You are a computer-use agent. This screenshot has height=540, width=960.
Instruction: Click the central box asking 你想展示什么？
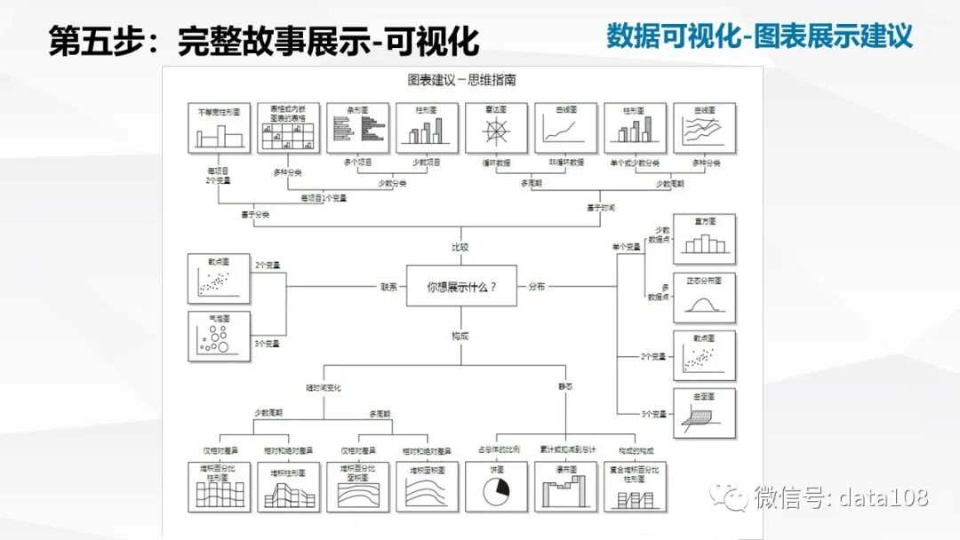pyautogui.click(x=461, y=286)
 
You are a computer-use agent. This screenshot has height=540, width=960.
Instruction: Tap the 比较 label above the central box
pyautogui.click(x=460, y=247)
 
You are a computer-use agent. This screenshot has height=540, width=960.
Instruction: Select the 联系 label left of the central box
pyautogui.click(x=389, y=287)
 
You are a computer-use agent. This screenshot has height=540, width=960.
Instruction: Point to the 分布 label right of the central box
pyautogui.click(x=537, y=287)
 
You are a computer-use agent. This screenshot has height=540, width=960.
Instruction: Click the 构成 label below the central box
pyautogui.click(x=460, y=336)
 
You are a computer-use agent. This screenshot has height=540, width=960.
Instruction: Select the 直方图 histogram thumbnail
pyautogui.click(x=704, y=239)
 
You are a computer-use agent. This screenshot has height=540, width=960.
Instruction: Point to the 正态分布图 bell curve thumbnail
pyautogui.click(x=704, y=298)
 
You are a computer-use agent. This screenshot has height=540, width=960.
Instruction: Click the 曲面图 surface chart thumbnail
pyautogui.click(x=704, y=414)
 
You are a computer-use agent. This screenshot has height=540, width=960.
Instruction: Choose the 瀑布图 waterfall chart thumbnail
pyautogui.click(x=565, y=486)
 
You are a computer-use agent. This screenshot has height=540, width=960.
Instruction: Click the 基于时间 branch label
pyautogui.click(x=600, y=207)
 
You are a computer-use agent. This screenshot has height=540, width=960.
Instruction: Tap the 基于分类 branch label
pyautogui.click(x=254, y=214)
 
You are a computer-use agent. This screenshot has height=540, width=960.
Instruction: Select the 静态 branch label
pyautogui.click(x=565, y=387)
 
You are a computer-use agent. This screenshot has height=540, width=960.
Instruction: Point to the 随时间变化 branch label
pyautogui.click(x=324, y=387)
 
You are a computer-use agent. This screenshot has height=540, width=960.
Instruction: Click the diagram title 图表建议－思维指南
pyautogui.click(x=461, y=80)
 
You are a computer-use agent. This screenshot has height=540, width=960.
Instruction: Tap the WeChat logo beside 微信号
pyautogui.click(x=734, y=497)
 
